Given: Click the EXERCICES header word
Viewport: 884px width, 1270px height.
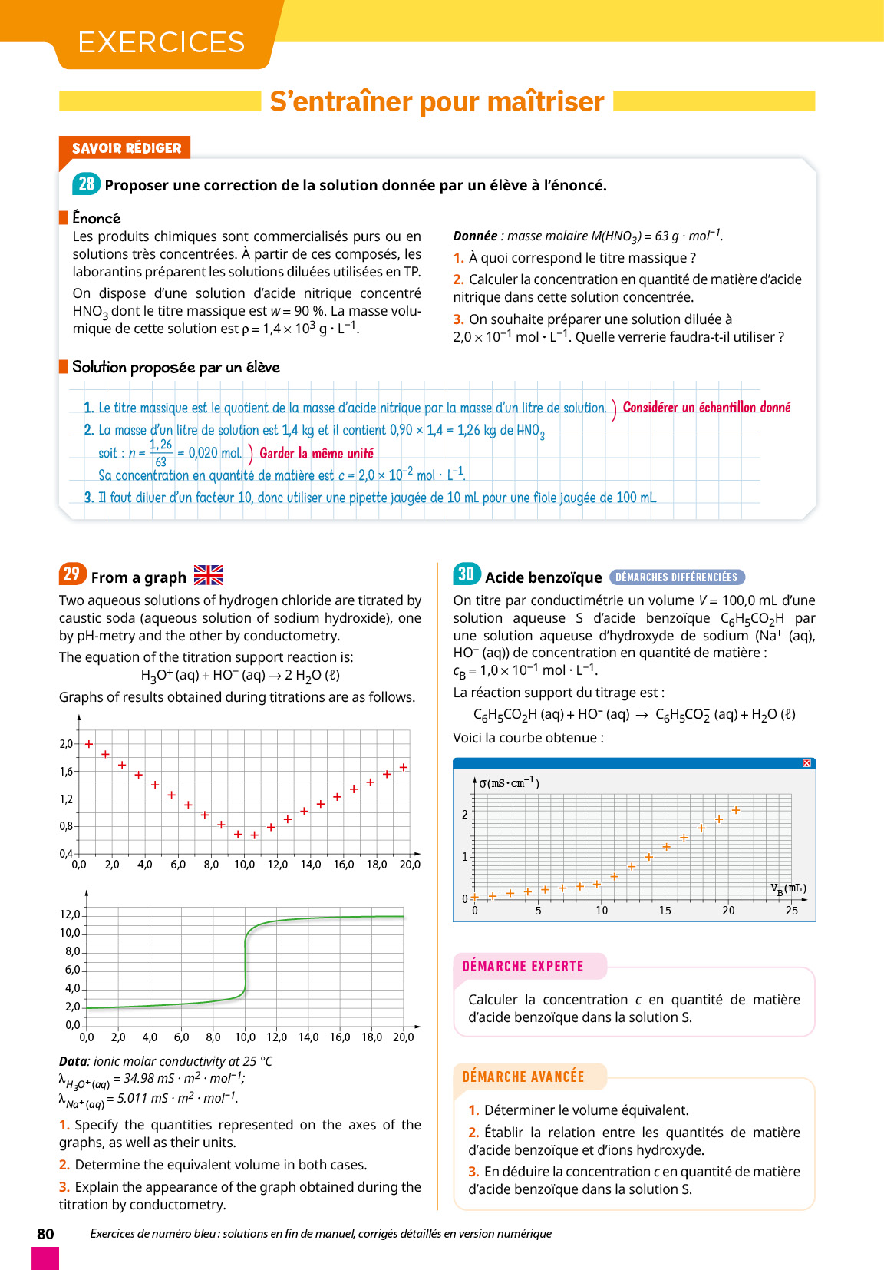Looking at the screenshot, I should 161,42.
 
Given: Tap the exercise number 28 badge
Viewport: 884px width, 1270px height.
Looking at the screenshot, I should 86,184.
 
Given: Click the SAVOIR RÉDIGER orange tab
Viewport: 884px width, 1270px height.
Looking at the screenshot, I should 127,148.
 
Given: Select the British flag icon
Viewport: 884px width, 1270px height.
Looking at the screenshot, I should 208,575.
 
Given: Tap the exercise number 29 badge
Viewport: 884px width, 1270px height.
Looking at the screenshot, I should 71,574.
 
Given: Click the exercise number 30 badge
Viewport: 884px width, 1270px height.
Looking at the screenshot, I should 467,574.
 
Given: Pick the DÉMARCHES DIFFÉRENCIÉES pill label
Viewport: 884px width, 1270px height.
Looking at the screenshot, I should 676,577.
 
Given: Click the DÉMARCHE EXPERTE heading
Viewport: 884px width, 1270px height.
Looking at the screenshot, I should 523,967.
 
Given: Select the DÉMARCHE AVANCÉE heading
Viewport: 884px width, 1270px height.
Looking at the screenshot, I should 523,1077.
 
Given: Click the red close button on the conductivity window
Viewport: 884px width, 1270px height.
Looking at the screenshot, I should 806,763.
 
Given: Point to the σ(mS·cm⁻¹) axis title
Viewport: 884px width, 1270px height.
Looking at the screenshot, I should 509,783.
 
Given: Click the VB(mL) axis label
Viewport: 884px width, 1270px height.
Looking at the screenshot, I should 788,889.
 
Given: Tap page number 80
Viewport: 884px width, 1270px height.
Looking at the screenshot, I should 45,1234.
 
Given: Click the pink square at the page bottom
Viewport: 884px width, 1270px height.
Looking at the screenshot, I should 45,1258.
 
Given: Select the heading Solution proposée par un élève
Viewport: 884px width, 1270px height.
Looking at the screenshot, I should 176,367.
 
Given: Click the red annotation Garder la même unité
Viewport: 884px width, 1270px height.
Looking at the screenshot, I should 316,454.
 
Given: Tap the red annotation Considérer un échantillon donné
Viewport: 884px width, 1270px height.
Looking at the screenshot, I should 706,408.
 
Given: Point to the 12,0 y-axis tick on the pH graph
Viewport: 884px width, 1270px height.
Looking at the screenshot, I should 70,914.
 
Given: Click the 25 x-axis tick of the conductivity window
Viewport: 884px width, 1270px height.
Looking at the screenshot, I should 791,911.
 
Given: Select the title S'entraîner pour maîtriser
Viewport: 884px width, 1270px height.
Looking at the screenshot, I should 437,101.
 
